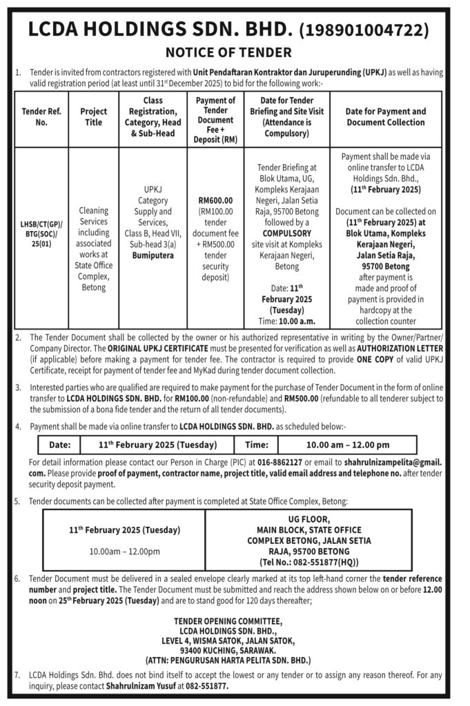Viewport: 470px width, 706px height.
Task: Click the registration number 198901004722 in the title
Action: (364, 30)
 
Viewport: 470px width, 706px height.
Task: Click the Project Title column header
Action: (93, 117)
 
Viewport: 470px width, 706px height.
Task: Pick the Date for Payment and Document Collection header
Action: (385, 117)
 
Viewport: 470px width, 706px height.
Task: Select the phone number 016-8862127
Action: (280, 461)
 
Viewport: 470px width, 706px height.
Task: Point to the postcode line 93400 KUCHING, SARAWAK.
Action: (227, 649)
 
